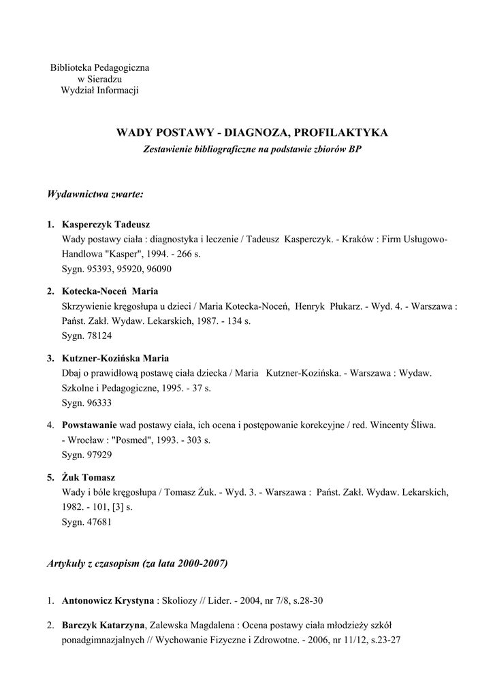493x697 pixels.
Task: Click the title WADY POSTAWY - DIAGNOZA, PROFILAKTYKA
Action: click(x=253, y=132)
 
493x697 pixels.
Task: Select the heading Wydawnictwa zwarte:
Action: click(x=95, y=195)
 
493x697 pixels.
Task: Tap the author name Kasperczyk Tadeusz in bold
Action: click(x=106, y=225)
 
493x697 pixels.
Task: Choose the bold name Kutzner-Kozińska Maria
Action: click(x=115, y=358)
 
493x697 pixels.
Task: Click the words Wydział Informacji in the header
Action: click(x=99, y=91)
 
